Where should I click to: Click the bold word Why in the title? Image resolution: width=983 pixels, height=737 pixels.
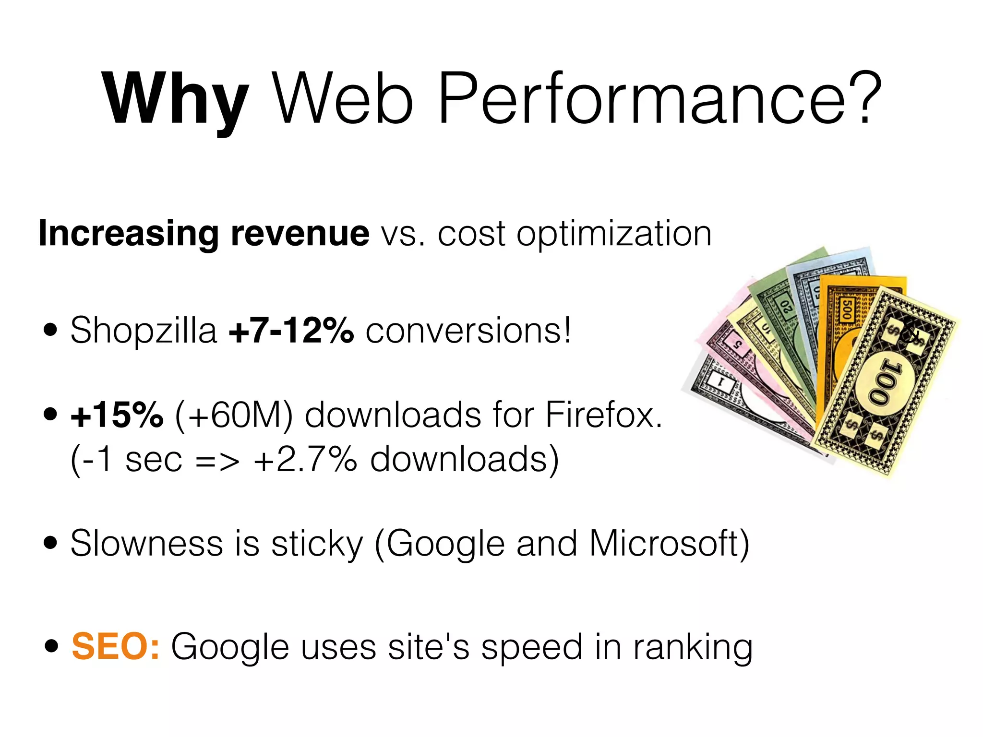point(175,99)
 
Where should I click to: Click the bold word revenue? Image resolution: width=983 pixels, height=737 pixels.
point(300,234)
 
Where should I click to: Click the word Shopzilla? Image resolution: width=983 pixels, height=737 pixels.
point(144,331)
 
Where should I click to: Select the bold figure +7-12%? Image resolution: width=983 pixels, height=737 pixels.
point(291,331)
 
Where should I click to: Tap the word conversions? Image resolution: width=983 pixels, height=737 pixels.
point(468,331)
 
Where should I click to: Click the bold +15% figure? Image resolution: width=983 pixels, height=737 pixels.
point(117,415)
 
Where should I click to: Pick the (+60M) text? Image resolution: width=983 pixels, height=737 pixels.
point(234,416)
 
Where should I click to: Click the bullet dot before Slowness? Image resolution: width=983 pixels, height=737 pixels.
point(50,544)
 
